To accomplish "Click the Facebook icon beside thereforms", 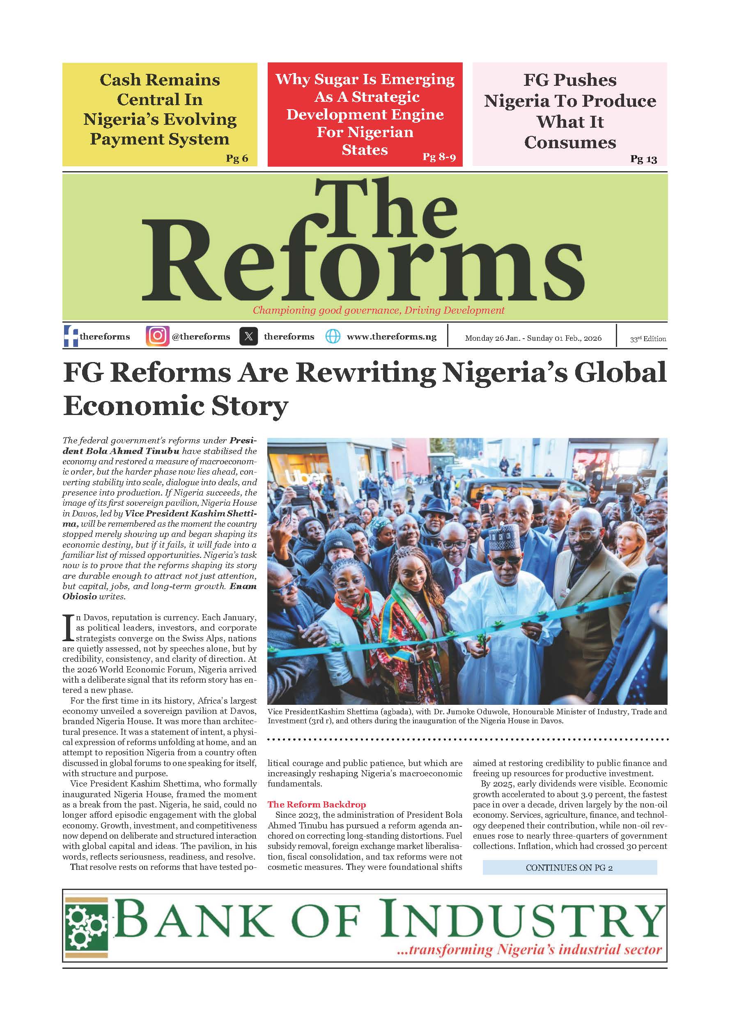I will coord(71,336).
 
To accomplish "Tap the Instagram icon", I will coord(157,336).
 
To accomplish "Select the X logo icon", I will coord(248,336).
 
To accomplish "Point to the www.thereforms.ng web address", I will coord(392,336).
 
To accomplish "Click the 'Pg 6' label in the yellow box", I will coord(237,158).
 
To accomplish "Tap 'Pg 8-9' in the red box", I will coord(439,156).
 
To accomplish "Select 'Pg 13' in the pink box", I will coord(643,159).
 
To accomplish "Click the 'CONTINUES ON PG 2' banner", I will coord(569,867).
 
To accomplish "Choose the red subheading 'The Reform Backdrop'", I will coord(317,804).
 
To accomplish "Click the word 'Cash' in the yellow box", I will coord(120,80).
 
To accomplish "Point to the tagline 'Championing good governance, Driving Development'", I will coord(379,310).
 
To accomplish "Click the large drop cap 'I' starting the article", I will coord(68,628).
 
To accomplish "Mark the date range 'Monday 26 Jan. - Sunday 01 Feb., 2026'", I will coord(533,338).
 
